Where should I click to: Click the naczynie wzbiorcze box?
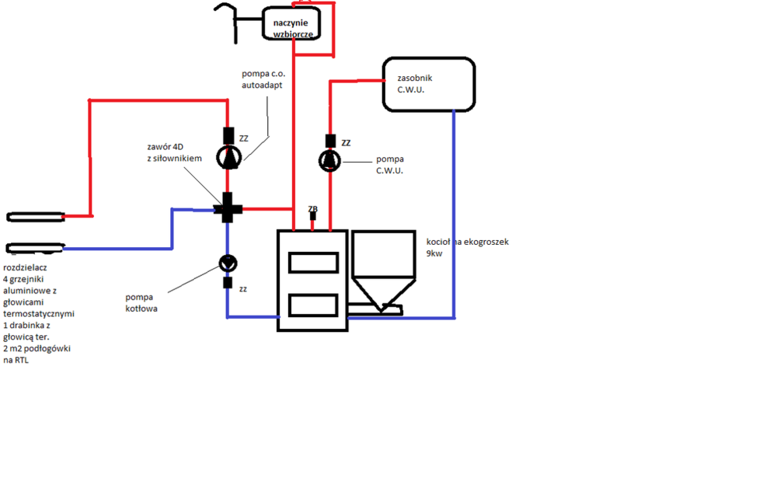click(291, 24)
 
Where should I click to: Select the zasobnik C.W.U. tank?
click(428, 84)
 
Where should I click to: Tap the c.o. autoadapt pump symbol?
click(228, 158)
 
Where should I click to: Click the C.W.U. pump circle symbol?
click(329, 162)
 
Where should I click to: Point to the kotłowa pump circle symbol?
click(228, 263)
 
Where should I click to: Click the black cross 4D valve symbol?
click(228, 208)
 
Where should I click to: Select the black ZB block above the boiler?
click(313, 217)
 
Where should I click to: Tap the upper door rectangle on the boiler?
click(312, 263)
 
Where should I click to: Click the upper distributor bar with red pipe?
click(35, 216)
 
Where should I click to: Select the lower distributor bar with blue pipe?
click(35, 248)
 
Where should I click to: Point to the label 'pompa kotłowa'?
click(141, 302)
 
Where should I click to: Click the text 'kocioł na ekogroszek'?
click(467, 242)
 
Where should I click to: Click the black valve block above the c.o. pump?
click(228, 134)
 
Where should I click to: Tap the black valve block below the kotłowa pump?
click(228, 282)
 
